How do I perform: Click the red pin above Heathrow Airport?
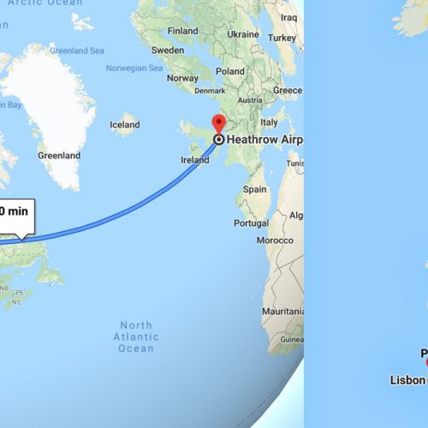218,122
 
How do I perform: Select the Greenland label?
59,156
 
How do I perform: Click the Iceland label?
124,125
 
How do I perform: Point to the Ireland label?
195,160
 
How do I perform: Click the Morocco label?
276,241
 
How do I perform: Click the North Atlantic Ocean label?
137,336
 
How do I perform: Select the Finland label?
182,31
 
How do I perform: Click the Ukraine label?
243,34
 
